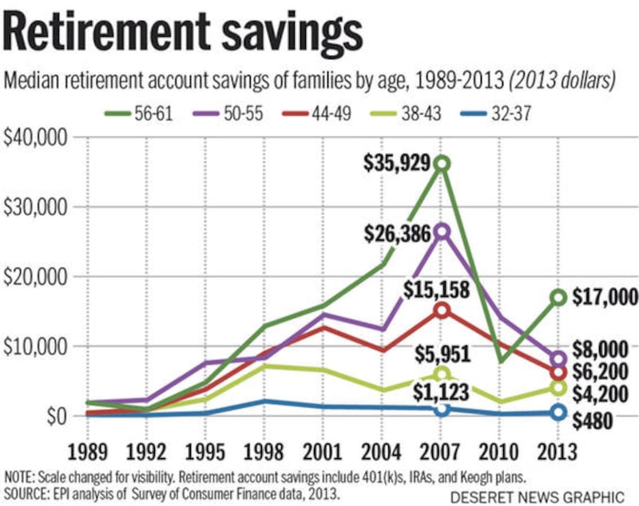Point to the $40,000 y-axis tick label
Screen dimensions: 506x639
click(x=36, y=137)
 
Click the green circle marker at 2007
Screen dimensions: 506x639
click(x=442, y=164)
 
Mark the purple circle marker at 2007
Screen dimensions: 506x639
click(x=442, y=231)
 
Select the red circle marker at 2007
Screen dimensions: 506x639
click(x=442, y=309)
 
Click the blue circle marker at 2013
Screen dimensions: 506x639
click(x=558, y=412)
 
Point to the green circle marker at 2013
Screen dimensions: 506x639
click(x=558, y=298)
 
